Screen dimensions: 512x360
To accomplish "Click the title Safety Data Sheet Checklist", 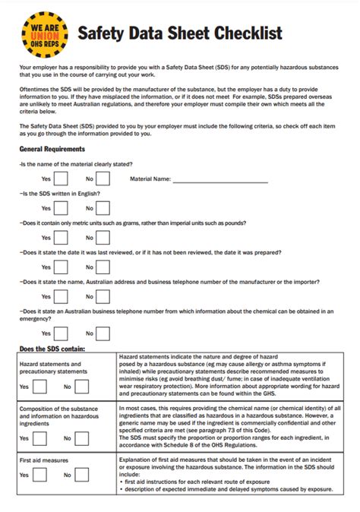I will point(180,33).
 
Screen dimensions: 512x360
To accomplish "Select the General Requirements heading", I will point(52,149).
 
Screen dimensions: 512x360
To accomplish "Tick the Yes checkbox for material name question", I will point(61,179).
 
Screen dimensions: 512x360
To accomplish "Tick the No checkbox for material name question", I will point(103,179).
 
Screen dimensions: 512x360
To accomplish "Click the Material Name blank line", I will point(220,181).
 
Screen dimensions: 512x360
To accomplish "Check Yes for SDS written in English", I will point(61,208).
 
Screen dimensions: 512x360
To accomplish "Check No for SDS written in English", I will point(103,208).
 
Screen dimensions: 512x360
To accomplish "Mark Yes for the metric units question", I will point(61,238).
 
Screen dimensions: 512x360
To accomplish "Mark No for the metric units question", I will point(103,238).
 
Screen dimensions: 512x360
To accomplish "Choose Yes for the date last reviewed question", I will point(61,267).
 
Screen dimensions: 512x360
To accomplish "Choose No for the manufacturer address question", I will point(103,296).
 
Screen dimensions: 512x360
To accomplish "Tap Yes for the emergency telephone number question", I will point(61,333).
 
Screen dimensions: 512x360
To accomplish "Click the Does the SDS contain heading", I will point(52,349).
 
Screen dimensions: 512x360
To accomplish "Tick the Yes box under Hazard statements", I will point(40,387).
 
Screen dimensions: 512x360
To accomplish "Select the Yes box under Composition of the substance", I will point(40,438).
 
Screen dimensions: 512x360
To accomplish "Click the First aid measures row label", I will point(44,461).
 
